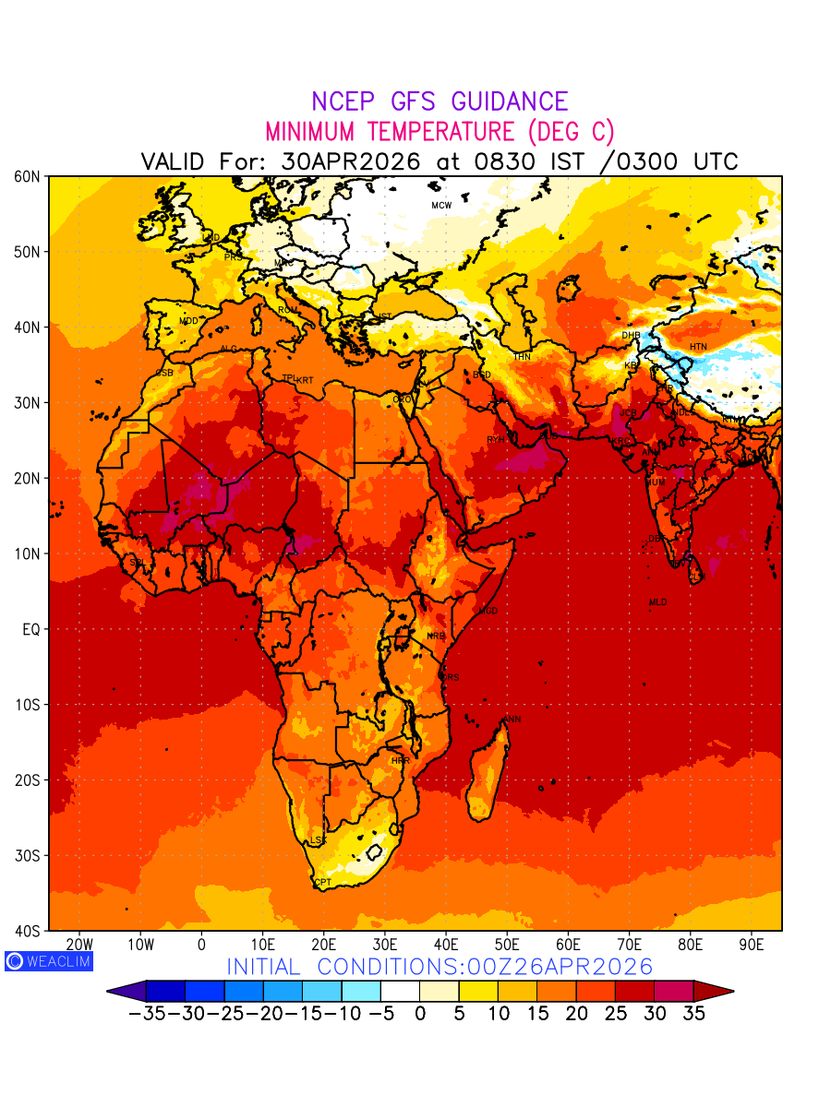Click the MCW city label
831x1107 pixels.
pos(441,206)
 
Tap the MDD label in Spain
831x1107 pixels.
pos(188,321)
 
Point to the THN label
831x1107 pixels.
pos(522,357)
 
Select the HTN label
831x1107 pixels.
pos(698,347)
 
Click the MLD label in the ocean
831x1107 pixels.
pos(657,602)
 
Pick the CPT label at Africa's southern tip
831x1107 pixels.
pos(322,883)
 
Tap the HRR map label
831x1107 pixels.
pos(400,761)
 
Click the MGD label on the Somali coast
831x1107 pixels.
pos(488,611)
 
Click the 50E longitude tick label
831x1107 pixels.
pos(507,945)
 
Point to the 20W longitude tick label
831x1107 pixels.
pos(79,945)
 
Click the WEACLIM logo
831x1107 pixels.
pos(48,961)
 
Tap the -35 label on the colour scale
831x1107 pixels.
pos(147,1013)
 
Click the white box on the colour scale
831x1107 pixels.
pos(400,992)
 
